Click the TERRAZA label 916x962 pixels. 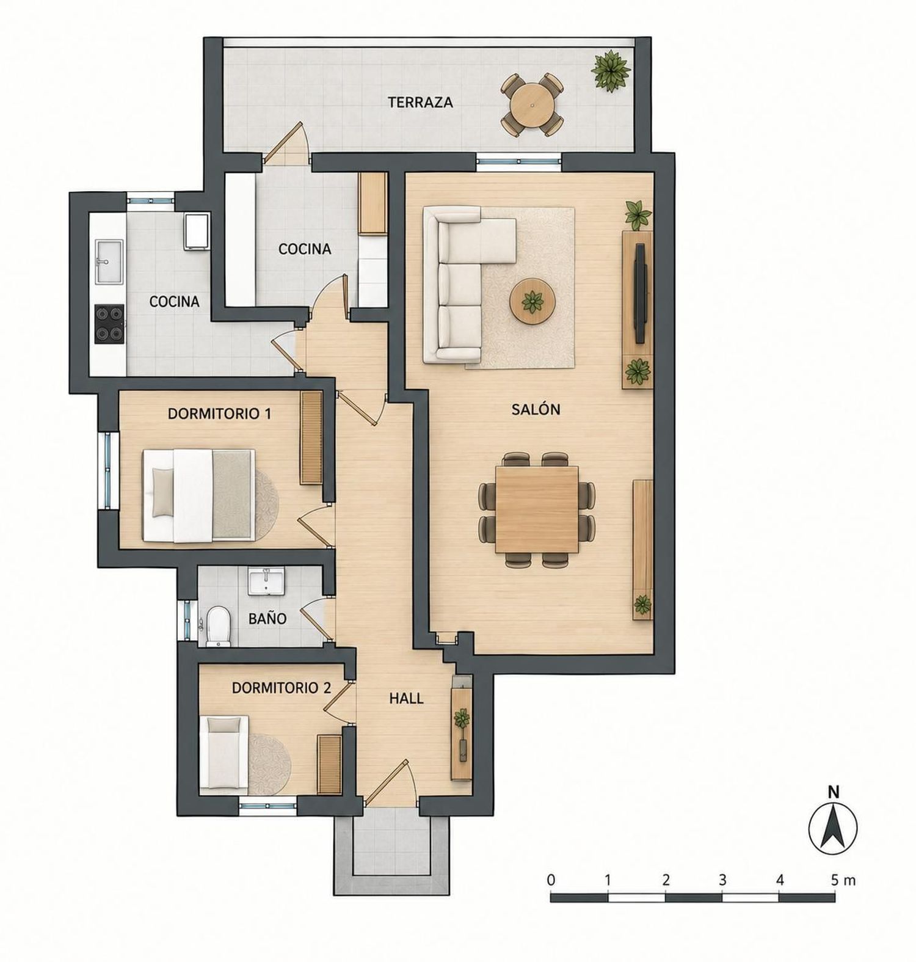pos(420,102)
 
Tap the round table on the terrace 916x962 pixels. pos(532,105)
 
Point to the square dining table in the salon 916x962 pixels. pos(537,509)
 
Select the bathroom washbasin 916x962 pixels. pos(266,580)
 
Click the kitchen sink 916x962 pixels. pos(109,261)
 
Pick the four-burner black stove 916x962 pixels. pos(109,324)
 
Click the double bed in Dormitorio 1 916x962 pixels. pos(199,495)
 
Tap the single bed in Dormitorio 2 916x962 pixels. pos(227,752)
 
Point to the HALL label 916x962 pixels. pos(407,698)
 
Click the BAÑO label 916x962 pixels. pos(267,619)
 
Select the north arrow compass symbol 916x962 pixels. pos(833,828)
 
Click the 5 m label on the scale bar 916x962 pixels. pos(843,880)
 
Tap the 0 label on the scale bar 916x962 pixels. pos(551,880)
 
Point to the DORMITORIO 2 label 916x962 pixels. pos(282,688)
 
